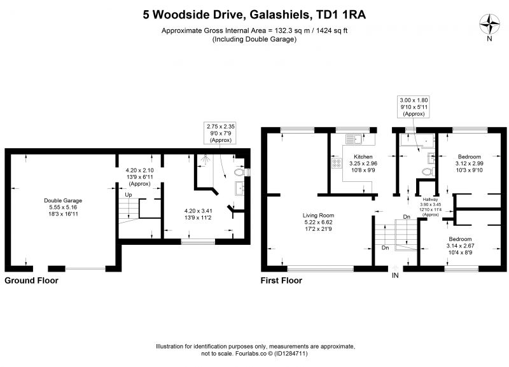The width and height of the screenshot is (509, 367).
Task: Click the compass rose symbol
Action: tap(489, 25)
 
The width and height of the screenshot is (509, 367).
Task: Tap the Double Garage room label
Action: tap(63, 200)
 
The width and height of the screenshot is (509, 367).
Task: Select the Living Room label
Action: tap(318, 215)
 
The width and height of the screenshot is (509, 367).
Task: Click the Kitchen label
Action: tap(363, 156)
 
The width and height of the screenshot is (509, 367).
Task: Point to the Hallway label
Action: tap(430, 200)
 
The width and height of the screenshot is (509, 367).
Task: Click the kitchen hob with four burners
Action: tap(337, 163)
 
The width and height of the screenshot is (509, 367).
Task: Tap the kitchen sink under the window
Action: tap(354, 139)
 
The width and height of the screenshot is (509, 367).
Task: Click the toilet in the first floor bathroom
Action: tap(428, 172)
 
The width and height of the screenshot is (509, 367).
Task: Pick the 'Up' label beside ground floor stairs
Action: tap(129, 195)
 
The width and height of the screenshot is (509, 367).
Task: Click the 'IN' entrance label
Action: tap(395, 275)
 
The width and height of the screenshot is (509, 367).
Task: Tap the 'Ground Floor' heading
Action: tap(31, 280)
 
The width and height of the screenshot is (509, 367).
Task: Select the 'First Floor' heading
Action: tap(281, 280)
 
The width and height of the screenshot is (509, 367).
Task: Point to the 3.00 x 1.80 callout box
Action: tap(414, 107)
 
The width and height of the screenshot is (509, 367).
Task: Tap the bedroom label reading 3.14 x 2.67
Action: tap(460, 246)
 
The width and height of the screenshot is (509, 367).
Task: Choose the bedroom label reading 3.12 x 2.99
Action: tap(470, 163)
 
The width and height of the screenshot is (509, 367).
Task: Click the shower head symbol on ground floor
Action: tap(205, 159)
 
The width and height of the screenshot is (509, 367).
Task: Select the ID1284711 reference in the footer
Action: tap(291, 354)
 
